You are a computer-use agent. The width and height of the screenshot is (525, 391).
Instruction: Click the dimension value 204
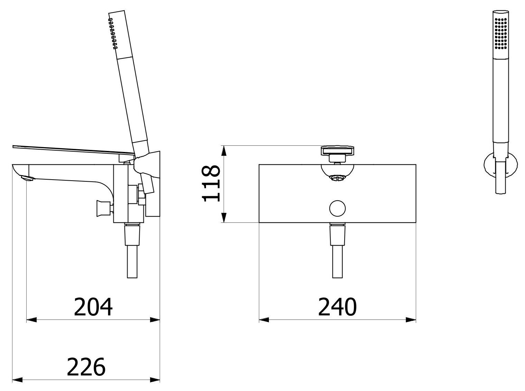93,307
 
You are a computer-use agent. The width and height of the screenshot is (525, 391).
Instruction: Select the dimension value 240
337,307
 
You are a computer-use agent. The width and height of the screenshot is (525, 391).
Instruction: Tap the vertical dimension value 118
211,183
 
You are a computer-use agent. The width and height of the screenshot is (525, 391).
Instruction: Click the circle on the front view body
337,208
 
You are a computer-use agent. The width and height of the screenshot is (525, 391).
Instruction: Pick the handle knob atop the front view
338,151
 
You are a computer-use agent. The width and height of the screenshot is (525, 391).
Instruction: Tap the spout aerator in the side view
27,178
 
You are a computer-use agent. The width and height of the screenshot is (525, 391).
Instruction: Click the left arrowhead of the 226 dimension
17,380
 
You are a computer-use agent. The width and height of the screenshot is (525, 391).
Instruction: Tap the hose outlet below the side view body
133,250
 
